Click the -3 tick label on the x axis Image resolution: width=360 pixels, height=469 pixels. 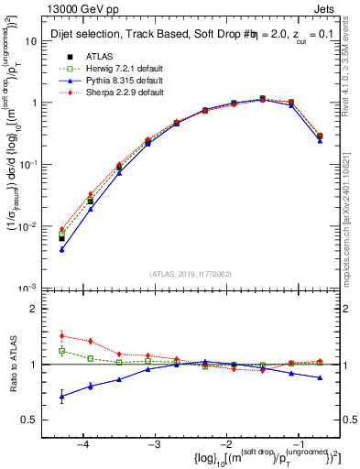coord(154,442)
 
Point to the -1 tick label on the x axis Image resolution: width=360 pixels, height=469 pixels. coord(297,442)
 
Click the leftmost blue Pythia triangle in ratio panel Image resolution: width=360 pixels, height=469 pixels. coord(61,397)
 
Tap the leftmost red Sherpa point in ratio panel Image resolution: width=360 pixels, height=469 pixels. coord(61,335)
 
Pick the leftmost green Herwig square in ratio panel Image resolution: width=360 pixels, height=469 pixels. coord(61,351)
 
